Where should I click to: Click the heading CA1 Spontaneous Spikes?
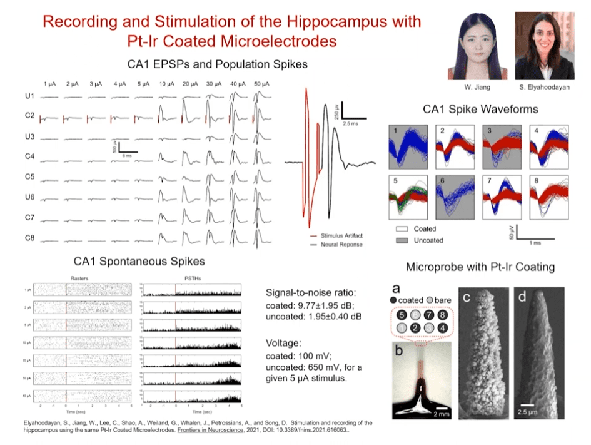click(x=139, y=260)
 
